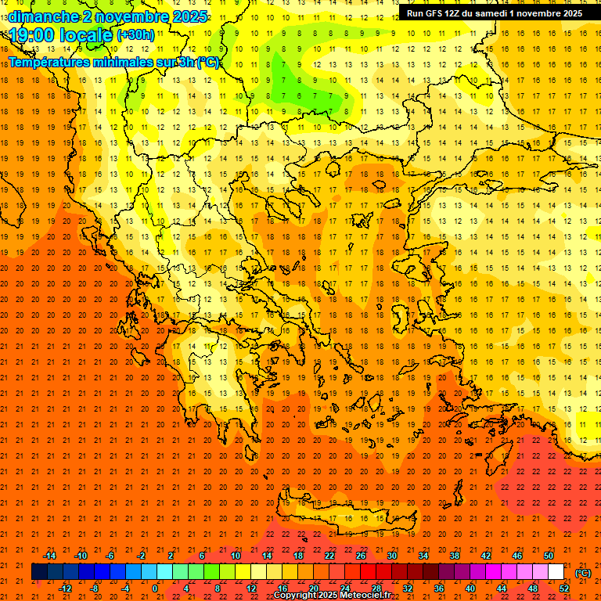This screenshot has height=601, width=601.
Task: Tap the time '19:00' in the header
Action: coord(36,35)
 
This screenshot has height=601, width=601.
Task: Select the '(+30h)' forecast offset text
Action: coord(135,35)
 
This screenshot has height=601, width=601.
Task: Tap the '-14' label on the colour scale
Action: coord(49,556)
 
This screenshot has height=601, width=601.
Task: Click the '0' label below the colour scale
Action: coord(155,588)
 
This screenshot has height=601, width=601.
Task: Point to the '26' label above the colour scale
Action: coord(361,556)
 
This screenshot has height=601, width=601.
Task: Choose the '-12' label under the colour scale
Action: coord(66,588)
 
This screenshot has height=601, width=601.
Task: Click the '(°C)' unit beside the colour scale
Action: coord(582,572)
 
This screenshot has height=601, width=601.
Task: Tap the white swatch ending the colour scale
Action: coord(556,572)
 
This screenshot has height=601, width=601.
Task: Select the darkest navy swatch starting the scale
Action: coord(39,572)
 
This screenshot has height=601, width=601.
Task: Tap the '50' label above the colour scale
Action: coord(548,556)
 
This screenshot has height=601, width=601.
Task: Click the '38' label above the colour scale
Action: coord(455,556)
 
